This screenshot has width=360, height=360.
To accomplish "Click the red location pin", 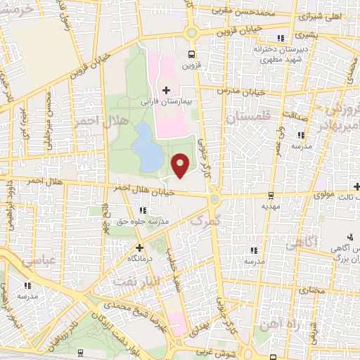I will pyautogui.click(x=181, y=165).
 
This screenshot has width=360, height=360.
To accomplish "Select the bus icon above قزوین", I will pyautogui.click(x=191, y=54).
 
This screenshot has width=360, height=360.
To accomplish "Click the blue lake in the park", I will pyautogui.click(x=148, y=148).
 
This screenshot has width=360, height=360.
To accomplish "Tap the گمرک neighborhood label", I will pyautogui.click(x=205, y=220).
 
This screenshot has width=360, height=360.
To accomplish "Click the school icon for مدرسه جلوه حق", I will pyautogui.click(x=143, y=210).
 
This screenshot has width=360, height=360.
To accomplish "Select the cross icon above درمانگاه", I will pyautogui.click(x=139, y=247).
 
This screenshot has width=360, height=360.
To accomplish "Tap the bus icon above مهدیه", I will pyautogui.click(x=271, y=195).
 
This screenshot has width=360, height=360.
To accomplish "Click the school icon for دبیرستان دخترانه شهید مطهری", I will pyautogui.click(x=281, y=38).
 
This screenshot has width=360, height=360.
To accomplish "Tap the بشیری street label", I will pyautogui.click(x=308, y=33).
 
